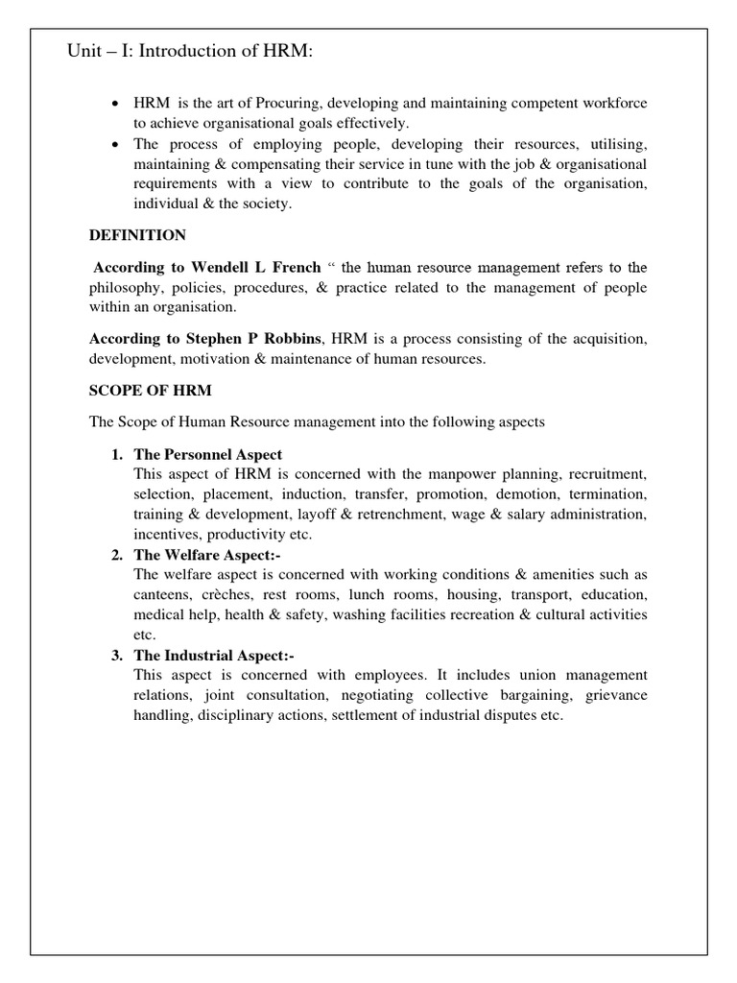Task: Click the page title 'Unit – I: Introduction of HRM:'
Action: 189,51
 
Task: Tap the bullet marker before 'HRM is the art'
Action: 116,104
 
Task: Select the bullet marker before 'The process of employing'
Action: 116,143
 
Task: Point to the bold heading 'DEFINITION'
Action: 138,235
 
